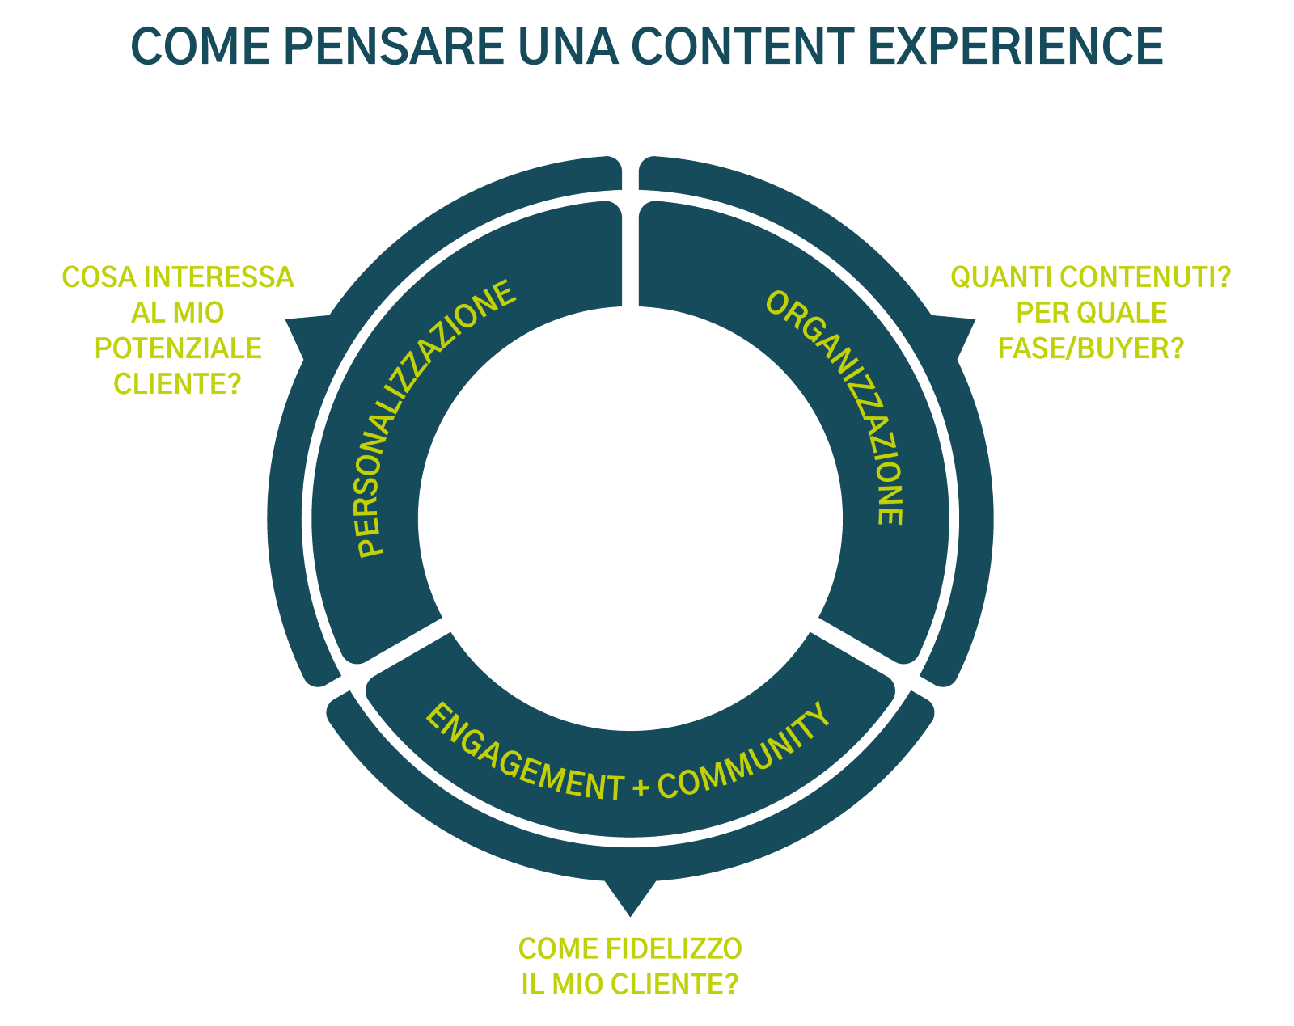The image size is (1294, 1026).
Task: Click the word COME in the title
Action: pos(201,46)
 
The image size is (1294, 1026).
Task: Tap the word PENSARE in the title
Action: pos(394,46)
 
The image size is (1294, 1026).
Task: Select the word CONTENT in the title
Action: pos(742,46)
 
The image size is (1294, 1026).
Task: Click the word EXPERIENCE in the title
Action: pos(1016,46)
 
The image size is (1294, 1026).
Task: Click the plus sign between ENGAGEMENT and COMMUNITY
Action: pos(641,787)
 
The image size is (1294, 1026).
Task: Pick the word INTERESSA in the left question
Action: pos(219,277)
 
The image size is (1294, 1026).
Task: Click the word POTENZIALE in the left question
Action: pos(178,348)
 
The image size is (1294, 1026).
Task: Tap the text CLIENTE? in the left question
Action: pos(177,383)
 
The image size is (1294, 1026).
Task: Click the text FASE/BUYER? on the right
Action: pos(1091,348)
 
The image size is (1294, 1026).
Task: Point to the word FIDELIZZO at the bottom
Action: pos(674,948)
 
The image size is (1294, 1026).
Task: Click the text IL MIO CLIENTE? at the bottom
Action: pos(629,984)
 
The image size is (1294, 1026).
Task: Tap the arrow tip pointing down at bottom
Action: pos(630,917)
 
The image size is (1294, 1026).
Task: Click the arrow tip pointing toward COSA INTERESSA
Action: pos(286,319)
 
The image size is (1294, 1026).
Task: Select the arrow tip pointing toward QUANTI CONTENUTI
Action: pos(974,319)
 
